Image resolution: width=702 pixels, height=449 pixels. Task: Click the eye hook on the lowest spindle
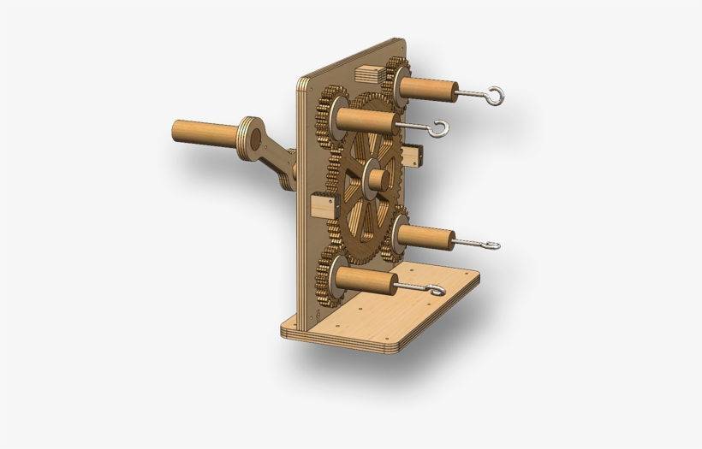coord(437,292)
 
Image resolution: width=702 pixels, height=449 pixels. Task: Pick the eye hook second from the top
coord(439,129)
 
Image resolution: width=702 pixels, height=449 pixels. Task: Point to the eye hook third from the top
coord(491,246)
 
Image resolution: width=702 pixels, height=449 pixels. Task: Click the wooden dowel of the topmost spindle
coord(429,88)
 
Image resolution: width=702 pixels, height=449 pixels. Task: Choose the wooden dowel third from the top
coord(425,236)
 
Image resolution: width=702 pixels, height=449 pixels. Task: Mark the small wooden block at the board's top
coord(371,73)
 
